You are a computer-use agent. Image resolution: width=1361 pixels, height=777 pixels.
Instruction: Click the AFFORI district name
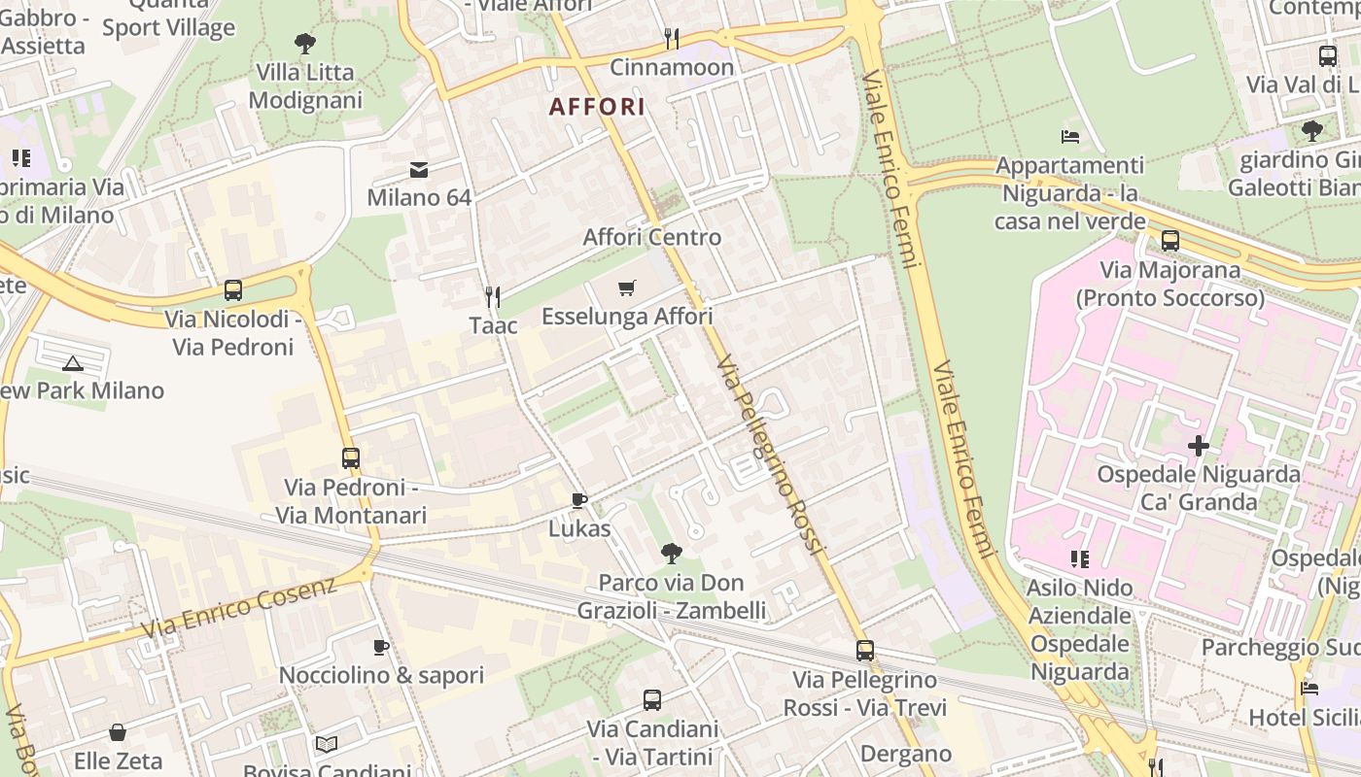point(597,107)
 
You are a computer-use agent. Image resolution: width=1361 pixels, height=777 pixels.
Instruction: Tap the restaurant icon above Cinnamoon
point(671,39)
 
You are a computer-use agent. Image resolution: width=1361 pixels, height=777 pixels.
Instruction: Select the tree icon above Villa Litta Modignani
point(305,44)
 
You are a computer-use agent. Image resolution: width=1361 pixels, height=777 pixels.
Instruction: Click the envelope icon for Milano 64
point(419,170)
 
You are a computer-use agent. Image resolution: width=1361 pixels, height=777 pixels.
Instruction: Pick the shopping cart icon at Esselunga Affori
point(627,287)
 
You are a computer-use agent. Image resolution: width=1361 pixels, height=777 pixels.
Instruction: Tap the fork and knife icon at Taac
point(493,296)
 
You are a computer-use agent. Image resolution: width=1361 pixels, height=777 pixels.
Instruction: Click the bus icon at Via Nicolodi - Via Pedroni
point(233,289)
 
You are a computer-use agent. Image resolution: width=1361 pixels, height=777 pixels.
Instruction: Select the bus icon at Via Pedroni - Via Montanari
point(351,457)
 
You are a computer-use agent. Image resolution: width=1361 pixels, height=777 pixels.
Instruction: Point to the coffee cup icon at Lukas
point(579,500)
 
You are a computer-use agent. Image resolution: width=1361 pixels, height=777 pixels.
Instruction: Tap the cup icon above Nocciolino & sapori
point(381,647)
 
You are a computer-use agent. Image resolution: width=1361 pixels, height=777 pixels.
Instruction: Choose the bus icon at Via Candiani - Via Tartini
point(652,699)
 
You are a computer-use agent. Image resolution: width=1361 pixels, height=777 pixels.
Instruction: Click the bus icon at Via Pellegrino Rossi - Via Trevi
point(865,651)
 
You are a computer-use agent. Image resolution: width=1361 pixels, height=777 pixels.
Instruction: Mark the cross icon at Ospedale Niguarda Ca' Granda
point(1199,446)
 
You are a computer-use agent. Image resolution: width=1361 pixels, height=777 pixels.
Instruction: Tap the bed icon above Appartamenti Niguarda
point(1070,137)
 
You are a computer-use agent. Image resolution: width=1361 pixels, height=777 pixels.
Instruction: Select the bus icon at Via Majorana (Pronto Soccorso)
point(1170,241)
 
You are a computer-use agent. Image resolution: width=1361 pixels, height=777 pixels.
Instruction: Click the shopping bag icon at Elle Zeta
point(118,731)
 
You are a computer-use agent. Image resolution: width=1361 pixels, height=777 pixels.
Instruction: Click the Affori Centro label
point(651,237)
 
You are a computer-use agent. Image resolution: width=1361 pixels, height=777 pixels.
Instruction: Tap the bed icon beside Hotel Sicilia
point(1309,689)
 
